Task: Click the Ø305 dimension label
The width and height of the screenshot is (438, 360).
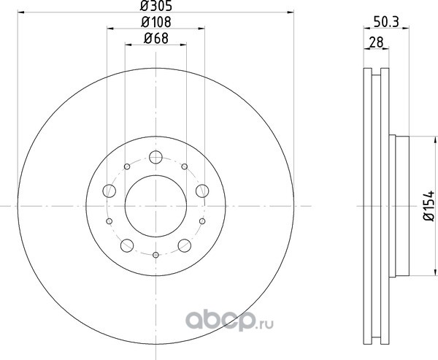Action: [x=155, y=5]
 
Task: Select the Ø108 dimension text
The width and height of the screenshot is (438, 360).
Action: [x=155, y=22]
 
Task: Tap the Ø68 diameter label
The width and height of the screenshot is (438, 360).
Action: [x=156, y=38]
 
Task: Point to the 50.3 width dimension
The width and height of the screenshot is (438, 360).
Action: [x=386, y=22]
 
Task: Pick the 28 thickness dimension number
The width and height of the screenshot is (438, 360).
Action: [x=376, y=42]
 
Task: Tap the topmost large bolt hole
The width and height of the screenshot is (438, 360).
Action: [x=155, y=157]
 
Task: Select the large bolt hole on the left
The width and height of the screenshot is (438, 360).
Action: [x=109, y=191]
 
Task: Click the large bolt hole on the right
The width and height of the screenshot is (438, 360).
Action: [x=202, y=191]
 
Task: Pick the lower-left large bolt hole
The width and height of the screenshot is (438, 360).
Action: [x=127, y=245]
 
